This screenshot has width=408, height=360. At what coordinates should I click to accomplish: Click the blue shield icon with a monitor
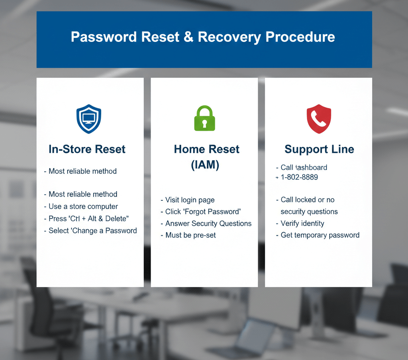(x=88, y=119)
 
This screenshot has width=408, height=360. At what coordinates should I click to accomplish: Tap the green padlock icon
(x=204, y=118)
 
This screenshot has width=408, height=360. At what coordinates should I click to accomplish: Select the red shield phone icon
(x=319, y=119)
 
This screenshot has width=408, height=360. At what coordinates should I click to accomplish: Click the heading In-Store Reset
(x=87, y=149)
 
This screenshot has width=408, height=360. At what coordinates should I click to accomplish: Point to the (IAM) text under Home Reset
(x=205, y=164)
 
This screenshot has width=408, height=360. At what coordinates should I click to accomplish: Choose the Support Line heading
(x=319, y=149)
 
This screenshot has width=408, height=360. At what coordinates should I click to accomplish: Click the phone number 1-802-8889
(x=299, y=177)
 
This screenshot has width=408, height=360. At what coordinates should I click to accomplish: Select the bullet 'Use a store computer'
(x=83, y=206)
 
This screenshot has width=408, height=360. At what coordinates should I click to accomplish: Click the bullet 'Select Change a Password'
(x=92, y=231)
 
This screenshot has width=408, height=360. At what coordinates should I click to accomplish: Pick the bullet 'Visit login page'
(x=190, y=200)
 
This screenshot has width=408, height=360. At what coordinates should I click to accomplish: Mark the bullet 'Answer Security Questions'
(x=208, y=223)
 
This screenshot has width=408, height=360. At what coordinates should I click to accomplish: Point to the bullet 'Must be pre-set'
(x=190, y=235)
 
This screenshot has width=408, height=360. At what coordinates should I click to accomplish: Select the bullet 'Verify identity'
(x=302, y=223)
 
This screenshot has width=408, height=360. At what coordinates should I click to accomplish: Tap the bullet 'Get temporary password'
(x=320, y=235)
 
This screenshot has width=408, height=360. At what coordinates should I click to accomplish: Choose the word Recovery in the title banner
(x=229, y=37)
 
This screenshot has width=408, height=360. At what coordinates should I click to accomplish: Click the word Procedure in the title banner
(x=300, y=37)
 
